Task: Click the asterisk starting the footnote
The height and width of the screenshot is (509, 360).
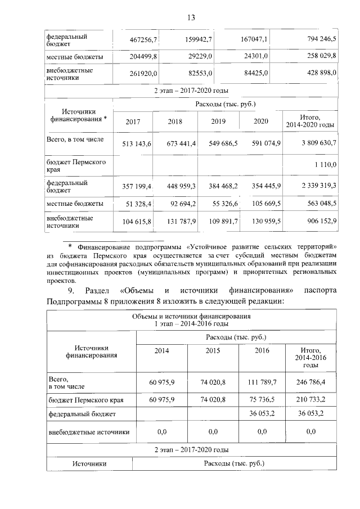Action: (x=70, y=246)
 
